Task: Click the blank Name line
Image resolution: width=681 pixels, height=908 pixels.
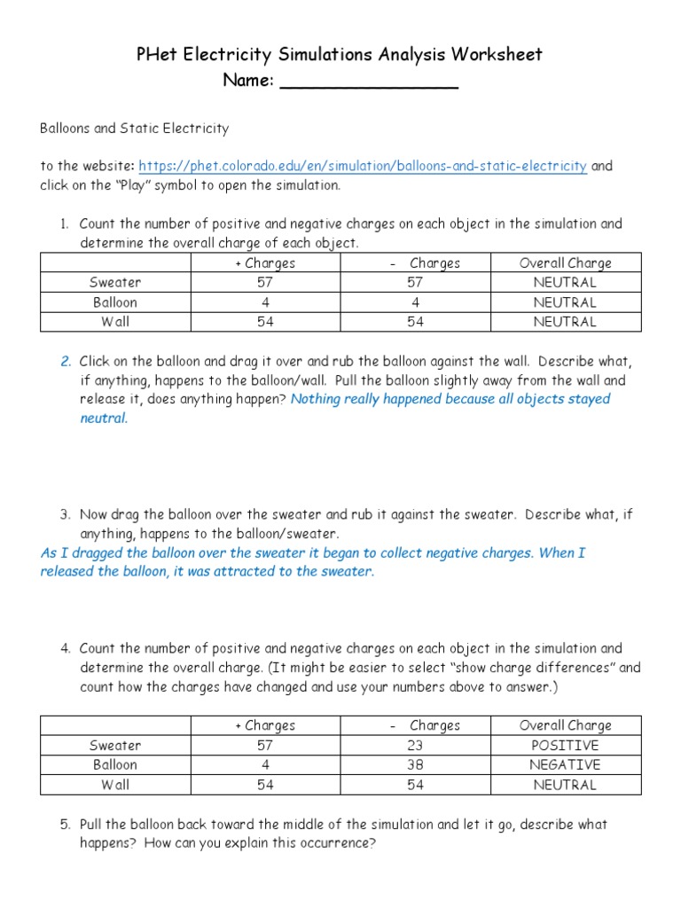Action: click(369, 82)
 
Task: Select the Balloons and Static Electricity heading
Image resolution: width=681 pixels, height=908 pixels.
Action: click(134, 129)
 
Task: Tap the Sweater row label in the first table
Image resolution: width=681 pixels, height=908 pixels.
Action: click(115, 283)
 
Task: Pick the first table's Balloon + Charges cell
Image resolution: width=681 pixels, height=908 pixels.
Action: click(266, 302)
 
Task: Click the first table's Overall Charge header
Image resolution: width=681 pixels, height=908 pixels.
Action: click(566, 263)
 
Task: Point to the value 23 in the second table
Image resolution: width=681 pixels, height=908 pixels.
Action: click(415, 746)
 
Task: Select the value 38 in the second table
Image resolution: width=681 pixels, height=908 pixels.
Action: click(415, 765)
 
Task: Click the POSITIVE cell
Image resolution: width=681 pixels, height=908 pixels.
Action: click(566, 746)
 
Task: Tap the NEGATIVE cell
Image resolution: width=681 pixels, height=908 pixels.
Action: click(566, 765)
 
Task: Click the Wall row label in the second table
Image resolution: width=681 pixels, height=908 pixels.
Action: click(115, 785)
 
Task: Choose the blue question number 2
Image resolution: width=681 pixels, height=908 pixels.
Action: click(66, 362)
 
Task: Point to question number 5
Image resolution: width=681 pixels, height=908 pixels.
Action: click(66, 825)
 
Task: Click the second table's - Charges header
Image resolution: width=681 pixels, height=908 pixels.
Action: click(425, 726)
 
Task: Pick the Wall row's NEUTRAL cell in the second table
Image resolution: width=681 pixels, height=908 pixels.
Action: click(566, 785)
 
